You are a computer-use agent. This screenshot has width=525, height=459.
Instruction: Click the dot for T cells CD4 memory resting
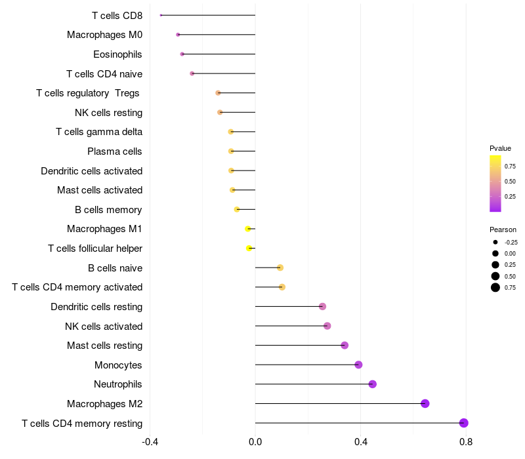[x=464, y=423]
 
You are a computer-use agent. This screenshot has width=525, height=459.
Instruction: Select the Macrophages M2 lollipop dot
[x=425, y=403]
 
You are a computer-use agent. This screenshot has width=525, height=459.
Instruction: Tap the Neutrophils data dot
[x=372, y=384]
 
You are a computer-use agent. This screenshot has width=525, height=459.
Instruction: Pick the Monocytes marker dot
[x=358, y=365]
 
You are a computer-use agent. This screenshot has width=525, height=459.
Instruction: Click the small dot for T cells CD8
[x=161, y=15]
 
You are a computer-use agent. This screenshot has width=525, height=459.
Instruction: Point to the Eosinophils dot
[x=182, y=54]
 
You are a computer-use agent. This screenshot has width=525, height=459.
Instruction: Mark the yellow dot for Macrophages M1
[x=247, y=229]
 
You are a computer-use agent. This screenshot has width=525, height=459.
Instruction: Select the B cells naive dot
[x=280, y=268]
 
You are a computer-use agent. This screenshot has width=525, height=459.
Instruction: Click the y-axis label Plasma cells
[x=115, y=151]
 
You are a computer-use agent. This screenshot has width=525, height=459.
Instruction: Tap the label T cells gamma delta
[x=99, y=132]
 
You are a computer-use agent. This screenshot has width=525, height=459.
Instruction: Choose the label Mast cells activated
[x=100, y=190]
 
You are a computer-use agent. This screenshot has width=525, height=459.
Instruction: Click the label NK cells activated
[x=104, y=326]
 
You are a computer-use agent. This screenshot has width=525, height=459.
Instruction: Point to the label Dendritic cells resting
[x=96, y=306]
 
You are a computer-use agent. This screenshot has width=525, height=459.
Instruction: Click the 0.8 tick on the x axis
[x=466, y=442]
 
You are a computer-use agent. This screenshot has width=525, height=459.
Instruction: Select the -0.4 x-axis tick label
[x=150, y=442]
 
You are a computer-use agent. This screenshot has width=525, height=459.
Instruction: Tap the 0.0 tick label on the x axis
[x=255, y=442]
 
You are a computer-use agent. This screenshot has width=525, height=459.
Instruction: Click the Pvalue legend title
[x=500, y=148]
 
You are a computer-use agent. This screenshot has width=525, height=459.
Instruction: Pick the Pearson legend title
[x=503, y=229]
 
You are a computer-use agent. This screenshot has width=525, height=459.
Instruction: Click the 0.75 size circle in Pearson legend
[x=495, y=287]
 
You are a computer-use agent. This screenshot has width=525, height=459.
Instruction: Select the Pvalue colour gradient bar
[x=495, y=184]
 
